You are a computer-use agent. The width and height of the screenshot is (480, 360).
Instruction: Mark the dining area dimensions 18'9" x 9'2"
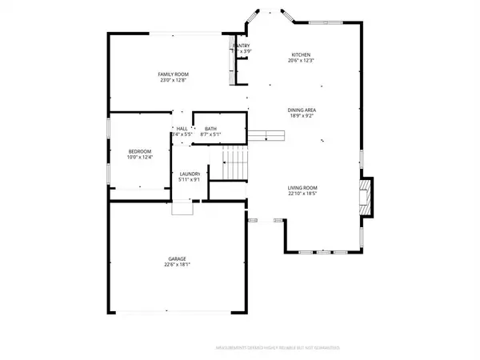[302, 116]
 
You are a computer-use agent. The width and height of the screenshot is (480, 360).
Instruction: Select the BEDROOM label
[140, 151]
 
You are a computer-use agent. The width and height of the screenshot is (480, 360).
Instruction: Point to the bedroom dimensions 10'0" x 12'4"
[140, 158]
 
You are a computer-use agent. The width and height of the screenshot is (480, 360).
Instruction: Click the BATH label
[210, 129]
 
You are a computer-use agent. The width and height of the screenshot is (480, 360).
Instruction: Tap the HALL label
[182, 129]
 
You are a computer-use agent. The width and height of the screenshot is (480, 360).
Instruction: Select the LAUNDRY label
[190, 174]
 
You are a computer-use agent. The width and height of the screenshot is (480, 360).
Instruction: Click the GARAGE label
[177, 258]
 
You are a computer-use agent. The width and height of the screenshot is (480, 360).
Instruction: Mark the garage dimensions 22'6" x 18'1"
[177, 265]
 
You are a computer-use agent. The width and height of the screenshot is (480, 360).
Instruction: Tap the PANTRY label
[242, 46]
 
